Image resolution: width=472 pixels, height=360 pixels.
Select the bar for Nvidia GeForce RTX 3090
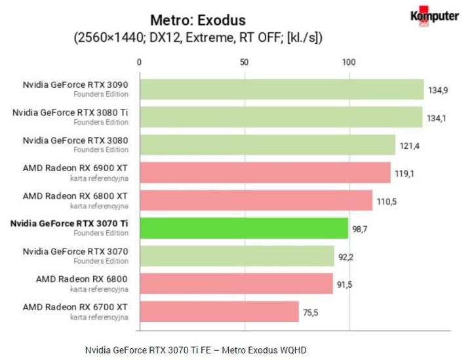(x=281, y=89)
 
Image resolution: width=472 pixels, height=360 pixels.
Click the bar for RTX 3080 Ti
(x=281, y=117)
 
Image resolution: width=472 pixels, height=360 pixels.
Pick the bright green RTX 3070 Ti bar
(x=243, y=228)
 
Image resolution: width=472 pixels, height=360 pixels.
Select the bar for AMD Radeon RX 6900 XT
(x=265, y=172)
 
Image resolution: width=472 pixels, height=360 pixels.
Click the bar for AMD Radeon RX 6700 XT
(x=219, y=311)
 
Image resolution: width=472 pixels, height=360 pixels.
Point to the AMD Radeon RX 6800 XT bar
(x=256, y=200)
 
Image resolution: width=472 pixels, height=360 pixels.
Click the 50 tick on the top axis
(x=244, y=62)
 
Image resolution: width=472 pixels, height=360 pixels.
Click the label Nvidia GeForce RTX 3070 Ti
(x=69, y=223)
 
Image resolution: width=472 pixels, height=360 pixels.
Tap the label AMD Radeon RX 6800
(x=82, y=279)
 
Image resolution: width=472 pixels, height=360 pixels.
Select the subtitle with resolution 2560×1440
(x=198, y=39)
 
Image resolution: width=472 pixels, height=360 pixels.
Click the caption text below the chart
(x=196, y=350)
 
